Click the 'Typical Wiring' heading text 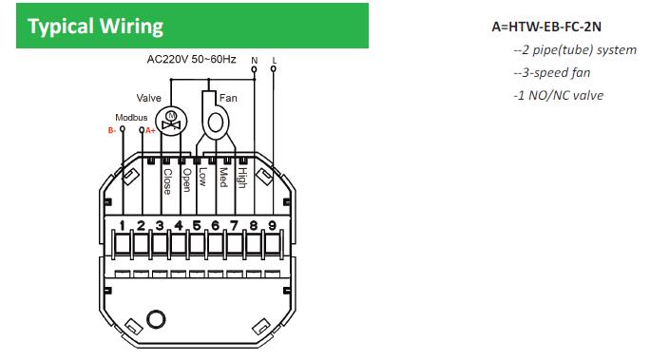pos(96,27)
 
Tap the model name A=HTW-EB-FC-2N pos(546,27)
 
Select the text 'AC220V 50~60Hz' pos(191,59)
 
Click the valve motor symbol pos(171,122)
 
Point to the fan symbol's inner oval pos(216,123)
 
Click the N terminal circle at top pos(255,69)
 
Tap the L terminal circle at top pos(274,68)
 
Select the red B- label pos(112,130)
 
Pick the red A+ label pos(150,130)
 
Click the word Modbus pos(131,117)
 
